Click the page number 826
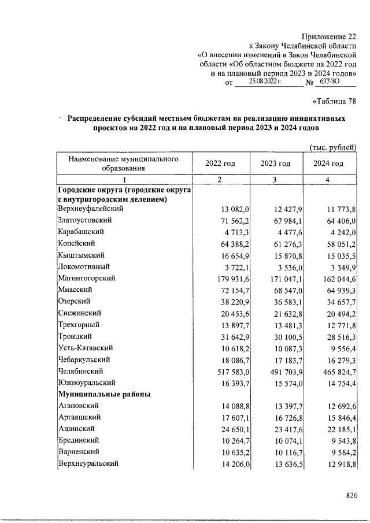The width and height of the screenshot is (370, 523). pyautogui.click(x=351, y=495)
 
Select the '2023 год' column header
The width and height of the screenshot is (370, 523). pyautogui.click(x=276, y=164)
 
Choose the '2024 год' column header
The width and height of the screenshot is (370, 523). pyautogui.click(x=328, y=164)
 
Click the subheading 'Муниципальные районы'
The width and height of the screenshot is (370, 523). pyautogui.click(x=103, y=394)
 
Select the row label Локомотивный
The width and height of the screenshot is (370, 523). pyautogui.click(x=84, y=266)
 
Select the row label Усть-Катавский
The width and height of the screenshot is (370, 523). pyautogui.click(x=85, y=347)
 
